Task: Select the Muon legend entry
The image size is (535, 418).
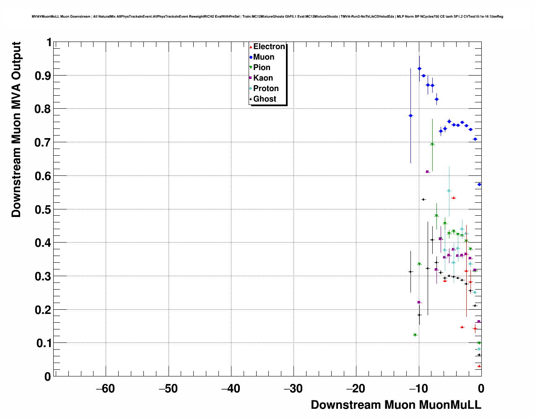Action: [x=263, y=57]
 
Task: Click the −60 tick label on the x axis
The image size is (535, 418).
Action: [x=105, y=389]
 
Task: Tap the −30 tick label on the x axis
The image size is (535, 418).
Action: [x=293, y=389]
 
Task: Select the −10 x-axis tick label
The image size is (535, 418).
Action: [x=418, y=389]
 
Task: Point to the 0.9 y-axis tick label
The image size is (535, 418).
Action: [x=44, y=76]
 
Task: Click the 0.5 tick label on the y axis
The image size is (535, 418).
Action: [x=44, y=209]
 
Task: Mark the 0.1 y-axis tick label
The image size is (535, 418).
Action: [x=44, y=343]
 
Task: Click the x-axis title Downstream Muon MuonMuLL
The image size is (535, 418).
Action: [x=396, y=405]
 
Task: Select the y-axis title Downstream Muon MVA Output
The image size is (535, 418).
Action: [x=16, y=129]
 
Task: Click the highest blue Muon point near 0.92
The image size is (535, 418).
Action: [x=419, y=68]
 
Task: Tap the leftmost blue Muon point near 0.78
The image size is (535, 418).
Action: [x=410, y=115]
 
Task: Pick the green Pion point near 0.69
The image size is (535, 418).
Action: [x=432, y=145]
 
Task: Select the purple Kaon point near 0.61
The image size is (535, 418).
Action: [x=427, y=172]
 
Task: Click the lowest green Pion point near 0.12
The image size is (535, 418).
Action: [x=415, y=335]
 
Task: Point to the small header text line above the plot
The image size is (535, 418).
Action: [x=267, y=17]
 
